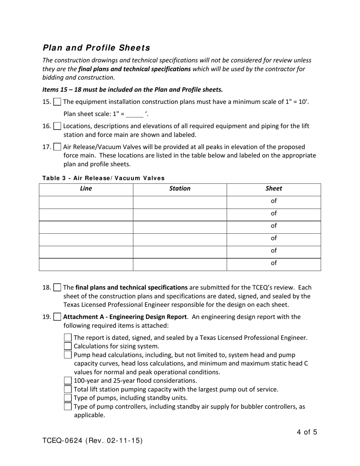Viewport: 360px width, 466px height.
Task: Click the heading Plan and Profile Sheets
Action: click(96, 48)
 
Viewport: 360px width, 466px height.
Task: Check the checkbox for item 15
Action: click(57, 102)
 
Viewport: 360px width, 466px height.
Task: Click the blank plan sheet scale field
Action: click(135, 114)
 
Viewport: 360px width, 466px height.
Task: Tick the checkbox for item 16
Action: click(57, 126)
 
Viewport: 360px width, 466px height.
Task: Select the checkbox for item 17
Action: click(57, 147)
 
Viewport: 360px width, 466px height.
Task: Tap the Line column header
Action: click(86, 189)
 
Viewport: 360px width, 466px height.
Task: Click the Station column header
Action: click(180, 189)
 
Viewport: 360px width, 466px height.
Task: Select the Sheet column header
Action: click(274, 189)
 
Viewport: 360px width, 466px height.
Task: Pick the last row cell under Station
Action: click(180, 264)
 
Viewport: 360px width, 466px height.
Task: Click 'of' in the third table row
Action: click(274, 226)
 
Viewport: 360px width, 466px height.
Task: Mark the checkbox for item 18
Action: click(57, 288)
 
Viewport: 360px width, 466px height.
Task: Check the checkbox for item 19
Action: click(57, 317)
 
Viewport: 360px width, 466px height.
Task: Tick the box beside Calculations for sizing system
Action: click(68, 346)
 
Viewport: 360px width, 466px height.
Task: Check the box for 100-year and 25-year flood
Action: click(68, 380)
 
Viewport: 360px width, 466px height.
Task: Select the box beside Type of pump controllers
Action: click(68, 407)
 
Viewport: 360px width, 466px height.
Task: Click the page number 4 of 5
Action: click(307, 432)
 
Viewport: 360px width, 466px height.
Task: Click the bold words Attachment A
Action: click(83, 317)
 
